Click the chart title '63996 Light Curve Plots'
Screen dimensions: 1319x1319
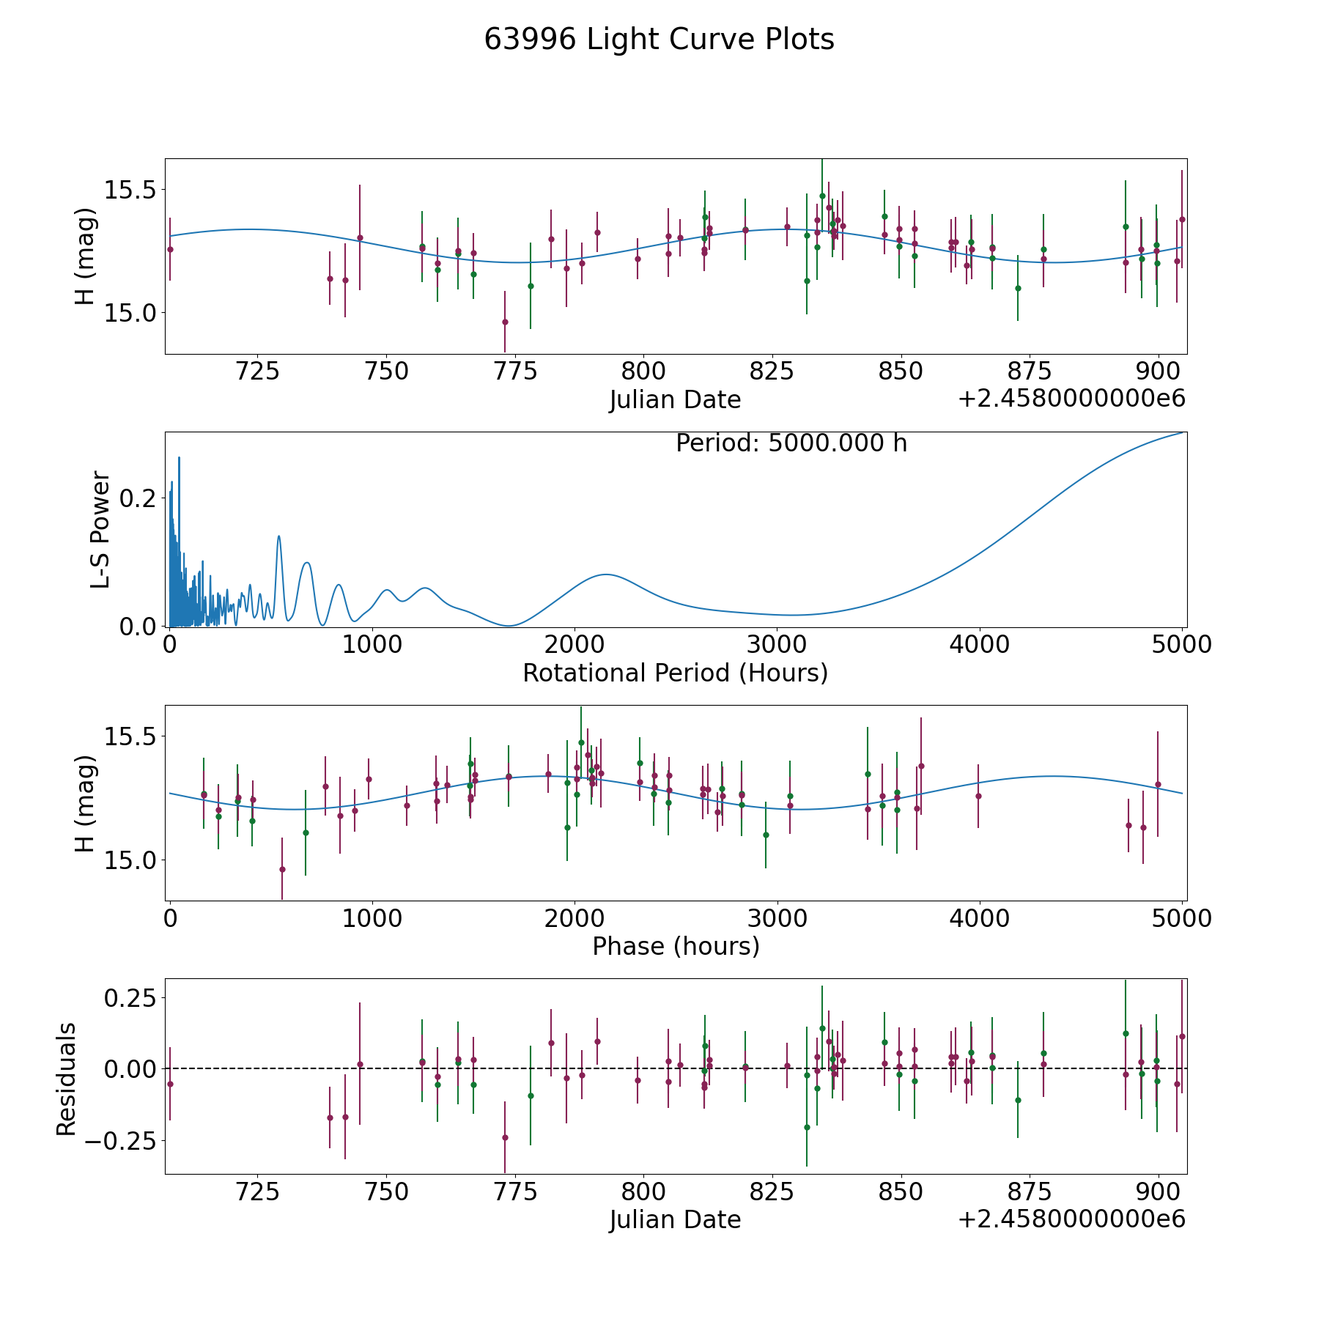[x=659, y=40]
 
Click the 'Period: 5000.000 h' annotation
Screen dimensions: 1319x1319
[x=791, y=443]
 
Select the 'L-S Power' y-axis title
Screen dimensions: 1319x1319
[x=101, y=530]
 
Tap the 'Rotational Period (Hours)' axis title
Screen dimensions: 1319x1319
[x=675, y=673]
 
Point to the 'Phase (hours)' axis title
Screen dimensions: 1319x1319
[x=676, y=946]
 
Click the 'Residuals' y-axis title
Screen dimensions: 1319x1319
[x=67, y=1079]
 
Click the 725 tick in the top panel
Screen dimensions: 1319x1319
[x=258, y=371]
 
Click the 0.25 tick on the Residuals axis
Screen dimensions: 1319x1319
[x=131, y=997]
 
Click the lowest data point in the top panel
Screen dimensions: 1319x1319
[x=505, y=322]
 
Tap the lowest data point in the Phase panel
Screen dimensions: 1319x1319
[x=282, y=869]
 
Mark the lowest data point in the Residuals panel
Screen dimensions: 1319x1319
[x=505, y=1137]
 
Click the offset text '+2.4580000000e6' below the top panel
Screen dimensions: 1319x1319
[x=1071, y=399]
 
